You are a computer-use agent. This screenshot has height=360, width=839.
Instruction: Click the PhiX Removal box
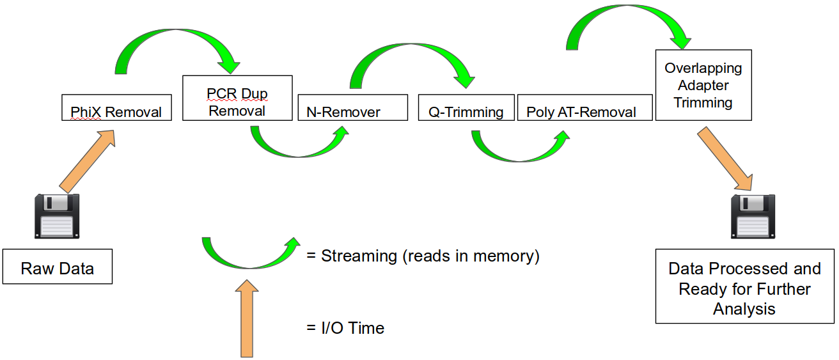116,107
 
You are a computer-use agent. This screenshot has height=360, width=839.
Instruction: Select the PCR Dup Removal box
237,98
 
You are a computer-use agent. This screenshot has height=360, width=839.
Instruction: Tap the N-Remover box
352,107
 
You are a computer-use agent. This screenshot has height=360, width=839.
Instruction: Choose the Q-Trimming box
465,107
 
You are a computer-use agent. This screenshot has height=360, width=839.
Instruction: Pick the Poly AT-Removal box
584,107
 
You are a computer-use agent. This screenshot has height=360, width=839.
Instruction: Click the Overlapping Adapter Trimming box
703,85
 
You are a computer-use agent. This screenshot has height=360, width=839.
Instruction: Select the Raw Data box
58,267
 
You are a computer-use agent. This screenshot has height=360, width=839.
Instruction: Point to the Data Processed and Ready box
745,288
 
